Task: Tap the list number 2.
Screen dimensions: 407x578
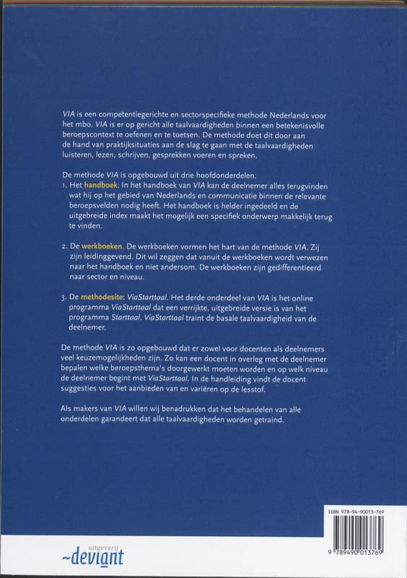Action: [64, 246]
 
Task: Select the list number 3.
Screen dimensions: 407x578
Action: [64, 296]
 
